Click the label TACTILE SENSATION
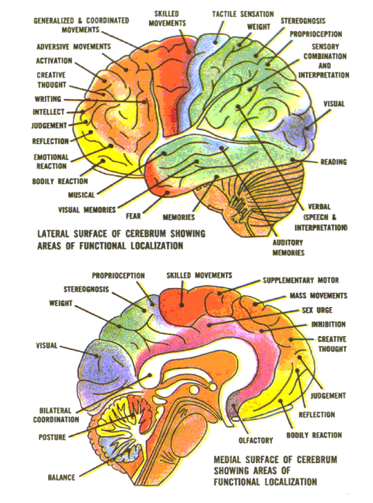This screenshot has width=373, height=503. click(243, 14)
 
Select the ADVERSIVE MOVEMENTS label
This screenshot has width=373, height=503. click(74, 47)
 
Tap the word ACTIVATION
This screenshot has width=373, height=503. click(54, 61)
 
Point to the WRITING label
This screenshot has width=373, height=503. click(48, 100)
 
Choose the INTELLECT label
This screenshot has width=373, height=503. click(48, 112)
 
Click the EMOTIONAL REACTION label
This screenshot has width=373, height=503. click(51, 162)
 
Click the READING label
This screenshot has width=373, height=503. click(334, 162)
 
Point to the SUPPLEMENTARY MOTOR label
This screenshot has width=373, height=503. click(301, 280)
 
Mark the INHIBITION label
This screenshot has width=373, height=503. click(328, 324)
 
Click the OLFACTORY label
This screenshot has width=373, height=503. click(255, 440)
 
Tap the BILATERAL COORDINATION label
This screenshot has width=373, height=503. click(56, 415)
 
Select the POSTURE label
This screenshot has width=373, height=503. click(52, 437)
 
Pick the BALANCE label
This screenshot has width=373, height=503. click(61, 478)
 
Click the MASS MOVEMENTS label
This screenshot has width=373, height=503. click(318, 296)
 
